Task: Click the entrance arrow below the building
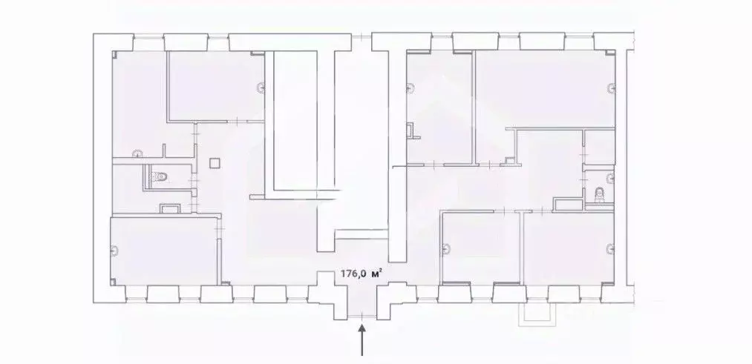(x=362, y=343)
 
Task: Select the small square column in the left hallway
(x=215, y=162)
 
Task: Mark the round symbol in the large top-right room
(x=611, y=89)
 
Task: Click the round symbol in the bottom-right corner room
(x=610, y=248)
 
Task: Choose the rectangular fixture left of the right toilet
(x=569, y=202)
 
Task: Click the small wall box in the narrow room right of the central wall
(x=412, y=132)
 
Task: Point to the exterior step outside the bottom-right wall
(x=536, y=314)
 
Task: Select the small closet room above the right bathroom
(x=599, y=148)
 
